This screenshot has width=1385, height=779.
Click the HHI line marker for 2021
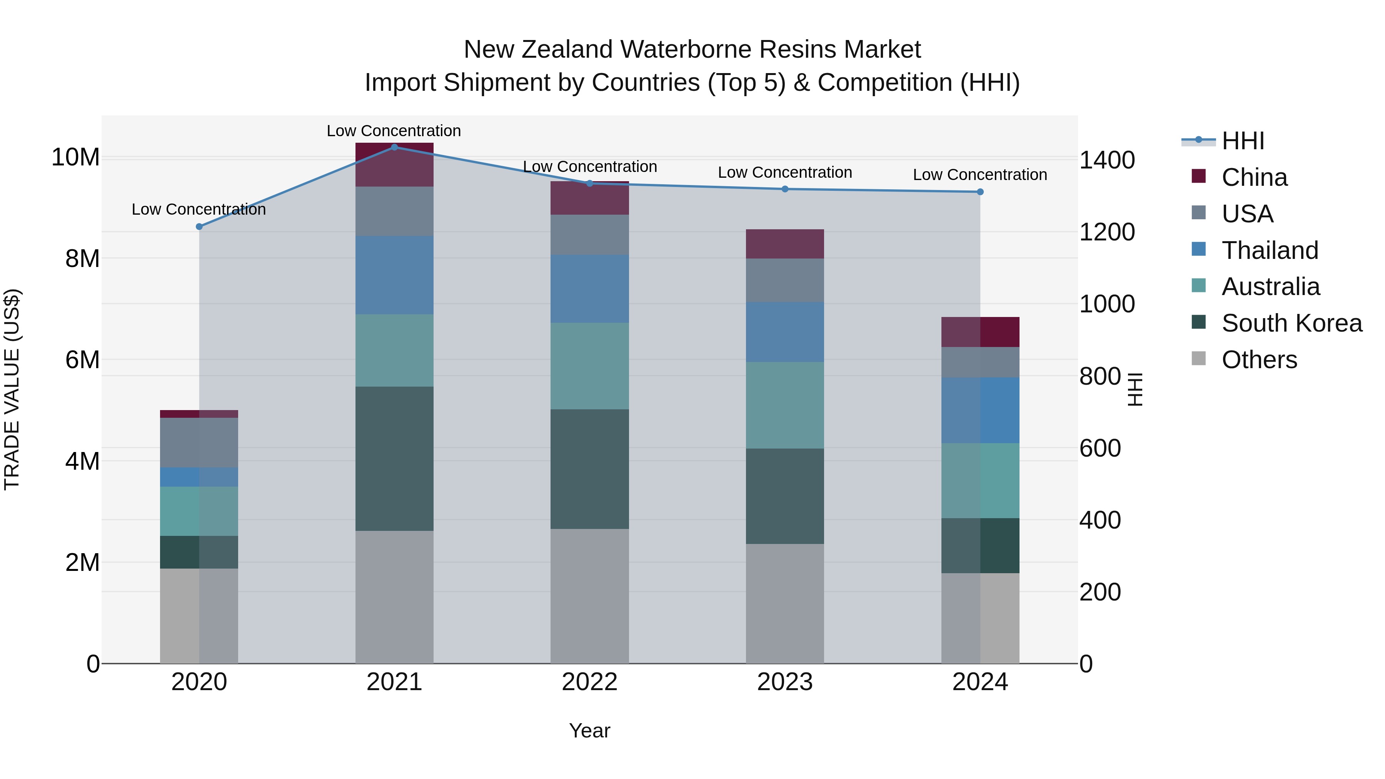pyautogui.click(x=394, y=147)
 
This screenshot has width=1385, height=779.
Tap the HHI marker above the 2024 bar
pyautogui.click(x=980, y=192)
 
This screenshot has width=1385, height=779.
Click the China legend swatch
pyautogui.click(x=1198, y=176)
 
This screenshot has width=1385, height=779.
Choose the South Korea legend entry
pyautogui.click(x=1292, y=323)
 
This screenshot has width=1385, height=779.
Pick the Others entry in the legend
pyautogui.click(x=1259, y=360)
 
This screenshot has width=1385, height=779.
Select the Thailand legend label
pyautogui.click(x=1270, y=250)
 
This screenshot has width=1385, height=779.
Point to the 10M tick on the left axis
pyautogui.click(x=75, y=157)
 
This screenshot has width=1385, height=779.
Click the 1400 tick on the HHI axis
pyautogui.click(x=1107, y=160)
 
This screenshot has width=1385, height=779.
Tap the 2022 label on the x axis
pyautogui.click(x=589, y=682)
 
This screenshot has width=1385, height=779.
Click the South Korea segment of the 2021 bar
pyautogui.click(x=394, y=459)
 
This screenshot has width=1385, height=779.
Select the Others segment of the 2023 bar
pyautogui.click(x=784, y=603)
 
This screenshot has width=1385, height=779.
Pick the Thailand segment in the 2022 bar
pyautogui.click(x=589, y=289)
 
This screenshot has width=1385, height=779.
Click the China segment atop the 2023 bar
pyautogui.click(x=784, y=244)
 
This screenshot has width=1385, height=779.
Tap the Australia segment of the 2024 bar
pyautogui.click(x=980, y=480)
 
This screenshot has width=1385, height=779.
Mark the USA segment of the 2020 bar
pyautogui.click(x=199, y=442)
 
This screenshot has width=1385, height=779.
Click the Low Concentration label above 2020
pyautogui.click(x=199, y=210)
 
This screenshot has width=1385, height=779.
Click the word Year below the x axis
pyautogui.click(x=589, y=731)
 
